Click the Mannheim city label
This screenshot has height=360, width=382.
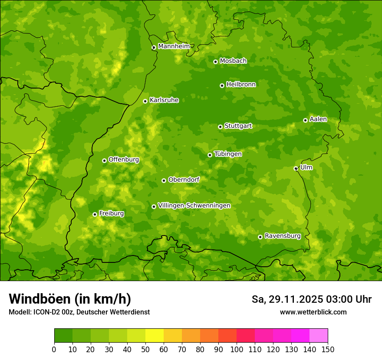[x=174, y=46]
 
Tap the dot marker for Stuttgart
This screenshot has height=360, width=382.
[x=220, y=127]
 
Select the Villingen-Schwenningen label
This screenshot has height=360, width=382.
[x=194, y=206]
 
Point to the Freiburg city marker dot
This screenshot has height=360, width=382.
[x=95, y=214]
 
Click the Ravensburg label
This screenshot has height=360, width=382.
[x=282, y=236]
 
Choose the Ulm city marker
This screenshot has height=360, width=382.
[x=296, y=168]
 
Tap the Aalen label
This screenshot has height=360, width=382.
[x=318, y=119]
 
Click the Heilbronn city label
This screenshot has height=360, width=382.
[x=241, y=85]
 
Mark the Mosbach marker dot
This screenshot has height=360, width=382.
[x=215, y=62]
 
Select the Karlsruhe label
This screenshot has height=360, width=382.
[x=164, y=100]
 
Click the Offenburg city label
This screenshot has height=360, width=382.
[x=123, y=160]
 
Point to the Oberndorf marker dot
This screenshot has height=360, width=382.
[x=164, y=180]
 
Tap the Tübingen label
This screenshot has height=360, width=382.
[x=227, y=154]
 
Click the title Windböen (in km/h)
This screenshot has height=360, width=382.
[x=69, y=299]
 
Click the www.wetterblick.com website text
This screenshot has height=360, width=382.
[x=313, y=312]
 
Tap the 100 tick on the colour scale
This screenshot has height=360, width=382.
[x=237, y=349]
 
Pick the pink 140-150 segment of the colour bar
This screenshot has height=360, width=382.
[x=319, y=336]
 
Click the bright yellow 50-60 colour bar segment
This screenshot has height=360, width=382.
[x=155, y=336]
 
